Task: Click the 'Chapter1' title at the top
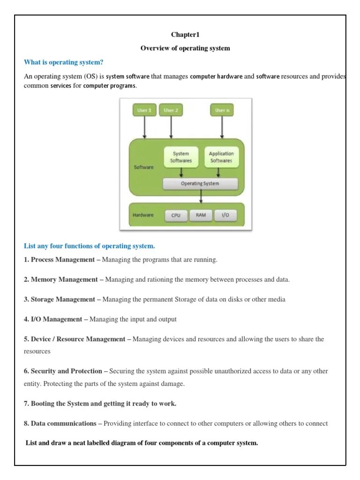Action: pos(185,35)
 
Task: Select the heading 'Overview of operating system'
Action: pos(185,48)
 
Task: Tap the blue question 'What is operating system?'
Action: pos(63,62)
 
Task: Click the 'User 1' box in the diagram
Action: pos(144,110)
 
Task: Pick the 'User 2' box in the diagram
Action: pos(171,110)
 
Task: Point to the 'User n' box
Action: pos(221,110)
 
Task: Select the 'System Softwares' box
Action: pos(181,157)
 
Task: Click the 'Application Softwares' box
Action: pos(221,157)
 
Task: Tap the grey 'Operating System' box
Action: pos(200,183)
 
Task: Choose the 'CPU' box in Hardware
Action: pos(176,216)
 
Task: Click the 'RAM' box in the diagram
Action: pos(201,216)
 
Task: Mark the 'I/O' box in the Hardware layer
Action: pos(225,216)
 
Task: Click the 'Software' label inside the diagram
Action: pos(144,167)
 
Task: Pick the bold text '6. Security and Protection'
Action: pos(66,371)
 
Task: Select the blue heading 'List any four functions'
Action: pos(89,246)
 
